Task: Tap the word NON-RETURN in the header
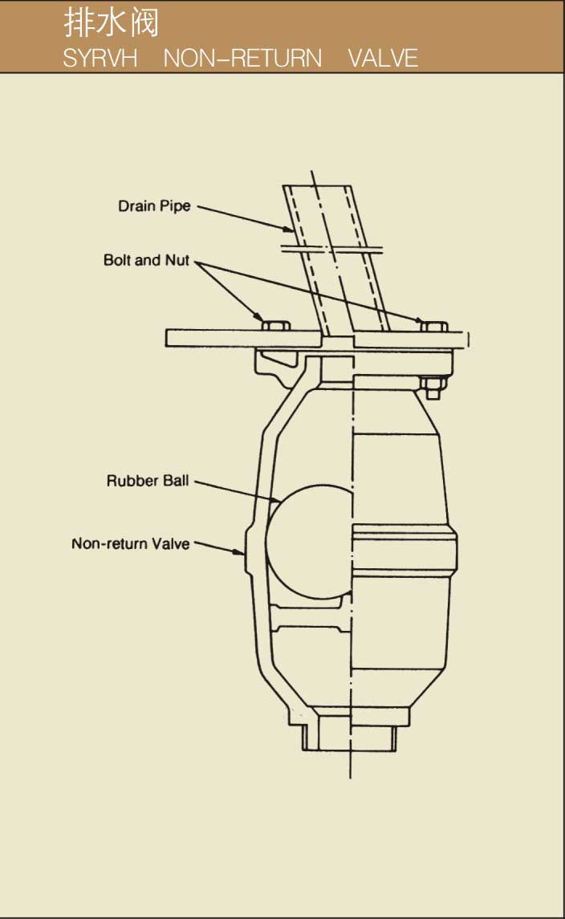(243, 58)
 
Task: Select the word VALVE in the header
(383, 58)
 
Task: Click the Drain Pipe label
(155, 206)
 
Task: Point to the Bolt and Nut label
(146, 260)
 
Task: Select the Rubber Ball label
(148, 482)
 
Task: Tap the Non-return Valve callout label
(131, 543)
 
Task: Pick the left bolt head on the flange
(276, 325)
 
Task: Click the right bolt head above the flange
(433, 325)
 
